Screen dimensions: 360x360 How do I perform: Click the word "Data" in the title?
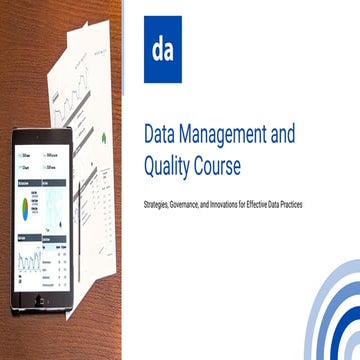point(163,131)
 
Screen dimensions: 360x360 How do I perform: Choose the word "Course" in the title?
point(236,159)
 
